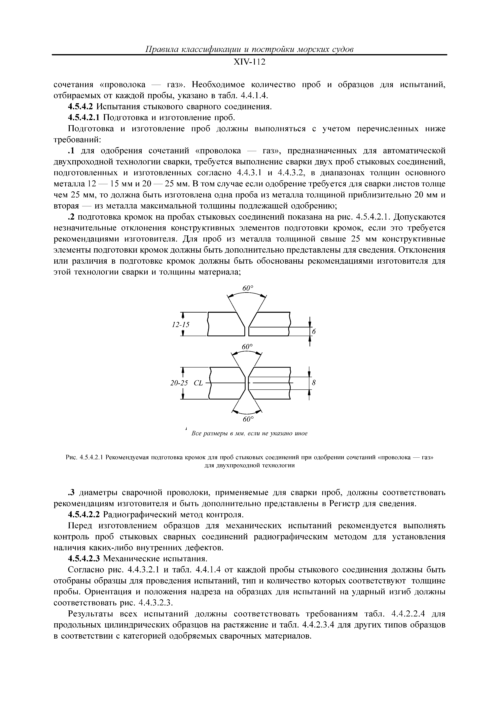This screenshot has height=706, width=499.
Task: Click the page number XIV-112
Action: click(x=249, y=62)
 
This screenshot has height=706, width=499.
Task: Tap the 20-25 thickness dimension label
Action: click(x=179, y=383)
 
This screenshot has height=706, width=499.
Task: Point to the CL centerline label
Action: click(x=199, y=383)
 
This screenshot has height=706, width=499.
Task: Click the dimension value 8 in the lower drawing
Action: click(x=314, y=383)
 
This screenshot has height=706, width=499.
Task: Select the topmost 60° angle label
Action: click(x=247, y=288)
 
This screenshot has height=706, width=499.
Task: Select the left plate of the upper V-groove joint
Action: click(x=224, y=324)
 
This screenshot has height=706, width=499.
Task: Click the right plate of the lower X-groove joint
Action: click(x=270, y=383)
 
